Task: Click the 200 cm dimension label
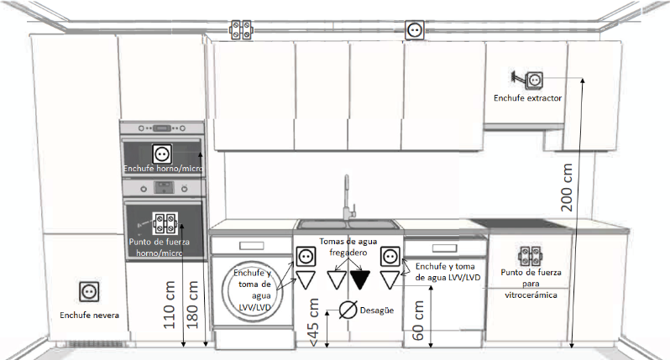567,187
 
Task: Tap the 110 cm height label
170,305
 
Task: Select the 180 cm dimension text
192,305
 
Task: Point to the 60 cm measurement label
418,321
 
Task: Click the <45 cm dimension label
313,322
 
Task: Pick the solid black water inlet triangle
360,280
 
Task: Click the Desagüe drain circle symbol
348,310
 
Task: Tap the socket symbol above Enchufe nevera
89,292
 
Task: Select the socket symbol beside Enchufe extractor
534,81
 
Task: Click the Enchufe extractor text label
528,98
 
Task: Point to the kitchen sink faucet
348,197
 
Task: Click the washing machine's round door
252,291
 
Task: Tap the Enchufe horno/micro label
163,169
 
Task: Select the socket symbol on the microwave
162,154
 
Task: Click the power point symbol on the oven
165,222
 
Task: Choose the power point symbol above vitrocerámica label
531,256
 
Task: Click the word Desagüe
377,310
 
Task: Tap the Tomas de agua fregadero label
348,247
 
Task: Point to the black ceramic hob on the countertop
520,224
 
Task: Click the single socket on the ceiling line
415,30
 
